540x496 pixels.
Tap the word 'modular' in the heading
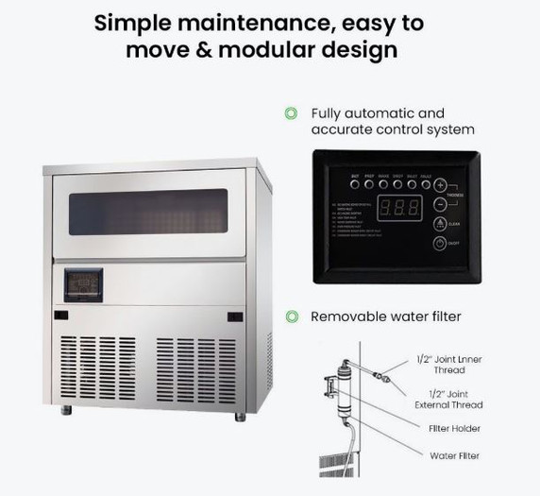pyautogui.click(x=287, y=49)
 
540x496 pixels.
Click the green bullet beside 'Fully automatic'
pyautogui.click(x=291, y=113)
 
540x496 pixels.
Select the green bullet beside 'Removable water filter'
pyautogui.click(x=292, y=316)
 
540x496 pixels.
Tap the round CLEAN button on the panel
pyautogui.click(x=440, y=223)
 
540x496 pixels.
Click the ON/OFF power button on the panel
pyautogui.click(x=440, y=244)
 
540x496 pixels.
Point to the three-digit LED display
pyautogui.click(x=394, y=210)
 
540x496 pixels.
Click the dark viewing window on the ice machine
pyautogui.click(x=149, y=212)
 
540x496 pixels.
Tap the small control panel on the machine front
pyautogui.click(x=83, y=284)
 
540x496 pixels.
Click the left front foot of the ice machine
pyautogui.click(x=66, y=410)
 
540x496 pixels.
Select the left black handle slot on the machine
pyautogui.click(x=61, y=316)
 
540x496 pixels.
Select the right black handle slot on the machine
pyautogui.click(x=235, y=316)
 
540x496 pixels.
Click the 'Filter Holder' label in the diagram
pyautogui.click(x=454, y=429)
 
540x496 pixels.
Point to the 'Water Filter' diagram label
pyautogui.click(x=455, y=455)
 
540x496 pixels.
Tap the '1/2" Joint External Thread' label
pyautogui.click(x=449, y=399)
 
